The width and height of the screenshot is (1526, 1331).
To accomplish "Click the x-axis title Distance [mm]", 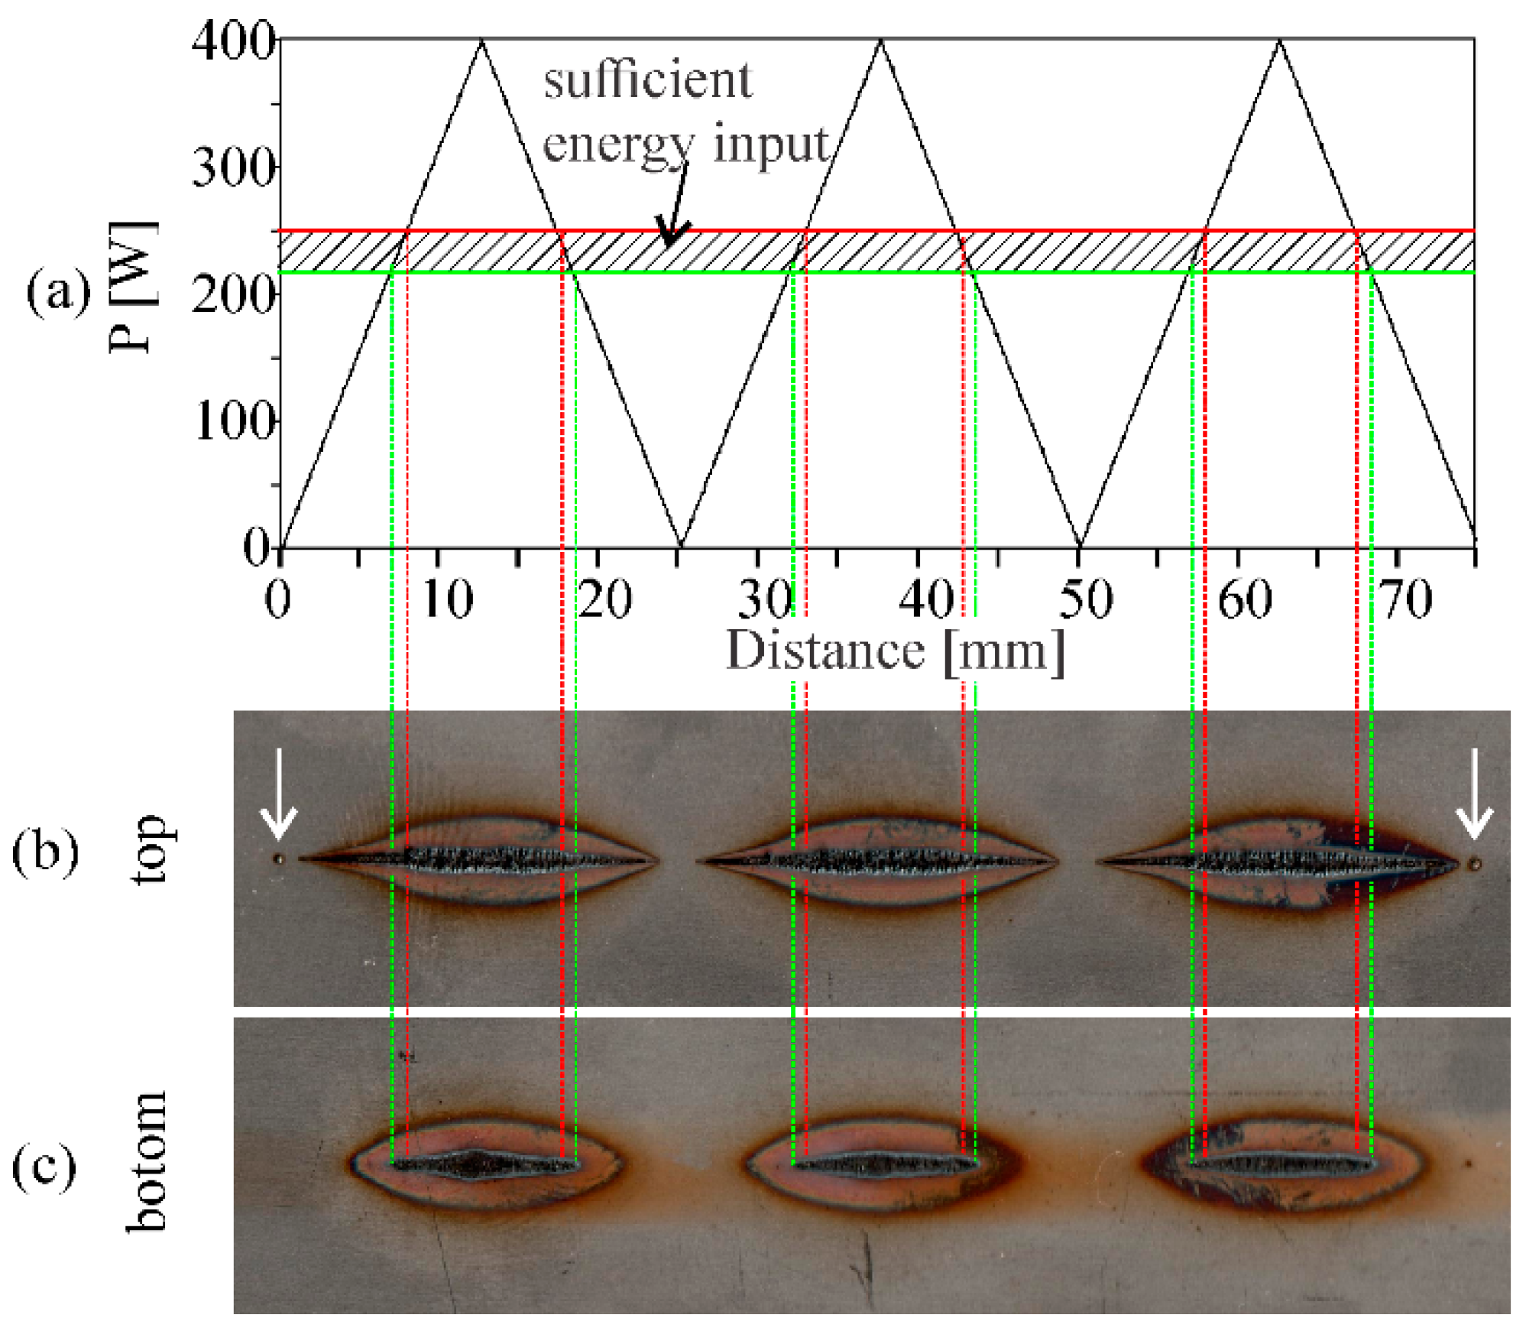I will [x=895, y=651].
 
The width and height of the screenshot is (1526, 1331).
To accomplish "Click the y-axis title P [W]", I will [x=134, y=287].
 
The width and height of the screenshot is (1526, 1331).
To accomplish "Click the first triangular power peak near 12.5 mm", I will [x=481, y=41].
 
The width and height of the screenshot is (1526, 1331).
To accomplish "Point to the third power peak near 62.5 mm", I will [x=1280, y=41].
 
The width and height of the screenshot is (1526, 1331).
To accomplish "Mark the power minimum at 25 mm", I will [x=680, y=546].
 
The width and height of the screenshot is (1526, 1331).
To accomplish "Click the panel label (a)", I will [x=57, y=293].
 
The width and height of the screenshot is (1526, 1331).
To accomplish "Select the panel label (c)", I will [x=44, y=1167].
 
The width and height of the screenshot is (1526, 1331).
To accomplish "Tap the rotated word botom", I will [x=146, y=1162].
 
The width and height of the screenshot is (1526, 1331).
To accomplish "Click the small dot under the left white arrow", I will [x=279, y=859].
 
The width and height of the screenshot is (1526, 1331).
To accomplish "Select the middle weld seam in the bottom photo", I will [x=885, y=1165].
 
